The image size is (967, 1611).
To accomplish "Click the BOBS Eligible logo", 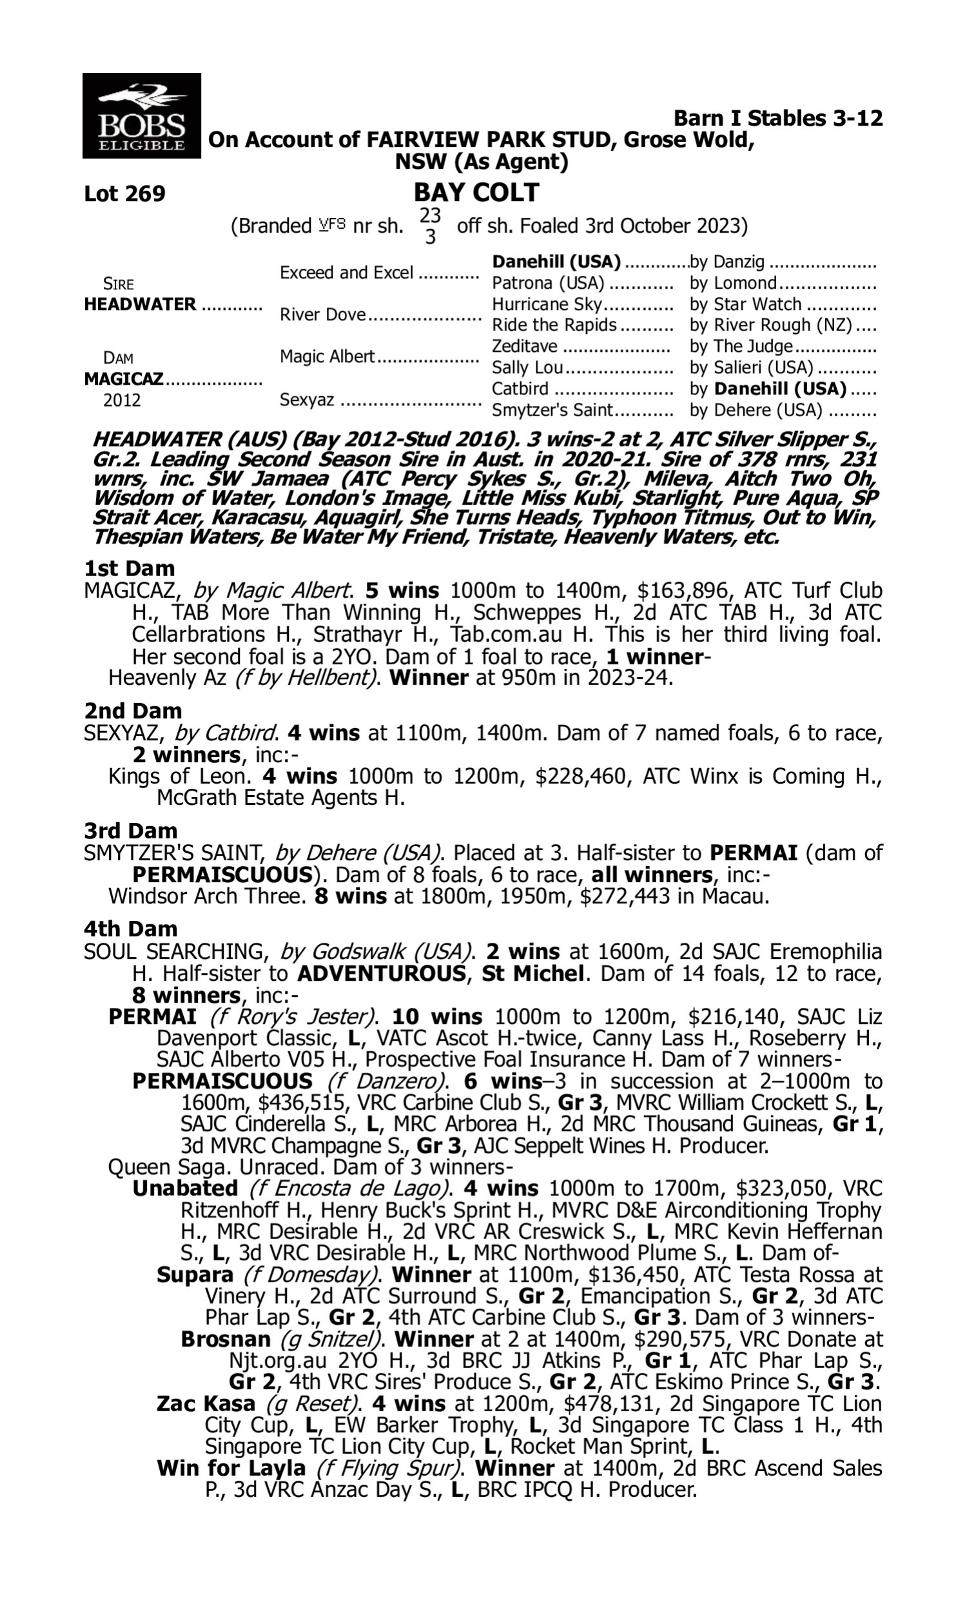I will coord(141,116).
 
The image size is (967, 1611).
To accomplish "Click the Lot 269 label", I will coord(124,194).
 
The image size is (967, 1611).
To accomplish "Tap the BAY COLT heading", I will coord(476,193).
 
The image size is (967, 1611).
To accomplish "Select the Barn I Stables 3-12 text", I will coord(777,119).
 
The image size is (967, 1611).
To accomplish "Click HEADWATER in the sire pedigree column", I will coord(140,305).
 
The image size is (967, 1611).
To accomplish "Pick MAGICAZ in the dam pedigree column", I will coord(124,380).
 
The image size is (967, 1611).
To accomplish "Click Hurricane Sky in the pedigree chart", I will coord(547,305).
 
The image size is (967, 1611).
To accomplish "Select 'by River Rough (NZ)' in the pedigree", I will coord(771,325).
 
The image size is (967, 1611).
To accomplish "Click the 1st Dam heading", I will coord(129,568).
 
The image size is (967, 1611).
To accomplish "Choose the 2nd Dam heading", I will coord(132,710).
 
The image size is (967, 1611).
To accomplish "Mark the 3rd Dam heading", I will coord(130,831).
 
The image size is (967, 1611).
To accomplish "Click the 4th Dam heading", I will coord(130,929).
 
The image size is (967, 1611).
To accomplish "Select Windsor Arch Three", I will coord(206,896).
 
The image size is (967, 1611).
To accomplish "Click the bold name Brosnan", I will coord(225,1340).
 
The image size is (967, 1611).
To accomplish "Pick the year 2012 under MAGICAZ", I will coord(122,400).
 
